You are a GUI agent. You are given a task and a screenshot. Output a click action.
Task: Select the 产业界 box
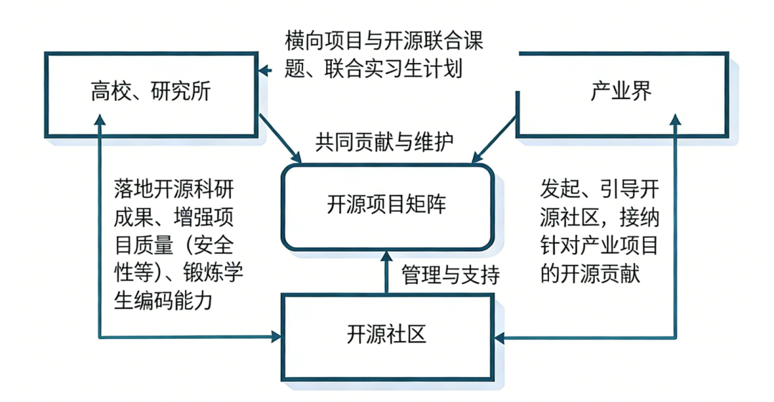(x=621, y=92)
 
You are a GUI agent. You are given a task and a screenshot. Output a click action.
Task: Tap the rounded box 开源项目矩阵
(x=387, y=205)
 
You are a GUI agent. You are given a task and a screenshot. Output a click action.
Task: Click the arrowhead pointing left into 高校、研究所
(x=264, y=70)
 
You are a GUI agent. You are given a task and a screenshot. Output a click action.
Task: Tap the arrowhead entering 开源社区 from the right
(x=500, y=336)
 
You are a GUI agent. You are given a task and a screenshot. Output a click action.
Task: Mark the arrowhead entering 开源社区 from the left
(x=274, y=336)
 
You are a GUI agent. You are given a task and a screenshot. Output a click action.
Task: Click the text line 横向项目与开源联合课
(x=383, y=41)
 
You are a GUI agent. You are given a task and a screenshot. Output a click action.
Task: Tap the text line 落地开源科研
(x=173, y=189)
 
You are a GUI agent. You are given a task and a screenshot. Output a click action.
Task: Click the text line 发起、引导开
(x=599, y=189)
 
